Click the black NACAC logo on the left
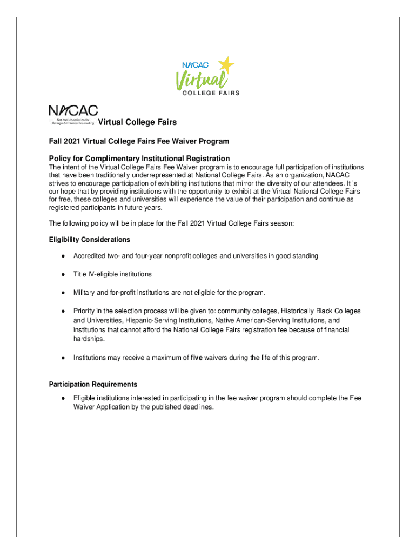73,112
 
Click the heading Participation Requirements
93,384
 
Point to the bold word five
197,358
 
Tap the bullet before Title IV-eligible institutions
63,274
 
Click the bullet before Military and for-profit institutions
63,293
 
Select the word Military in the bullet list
85,293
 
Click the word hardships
89,339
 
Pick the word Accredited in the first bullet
90,255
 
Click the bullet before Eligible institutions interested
63,398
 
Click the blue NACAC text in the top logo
195,65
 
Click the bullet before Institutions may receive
63,358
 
